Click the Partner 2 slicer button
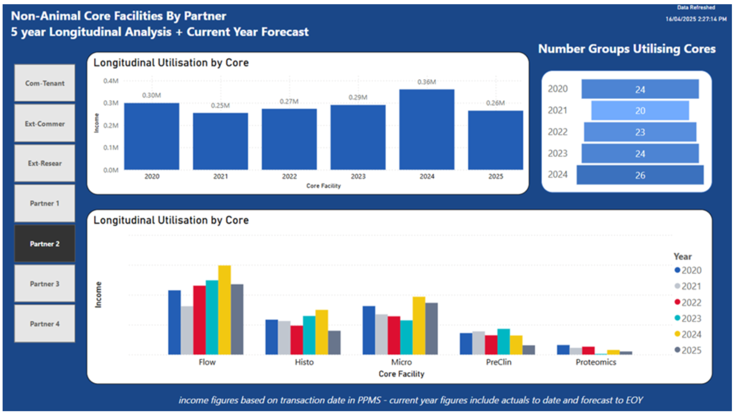click(x=45, y=244)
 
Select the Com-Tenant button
click(x=45, y=83)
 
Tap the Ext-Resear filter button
click(x=45, y=163)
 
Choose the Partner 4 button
click(x=45, y=324)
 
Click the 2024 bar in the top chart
click(x=427, y=130)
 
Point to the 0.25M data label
click(x=220, y=105)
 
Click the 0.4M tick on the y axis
click(x=111, y=81)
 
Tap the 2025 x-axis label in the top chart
click(x=496, y=176)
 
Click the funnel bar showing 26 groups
click(x=640, y=175)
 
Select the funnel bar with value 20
click(x=640, y=111)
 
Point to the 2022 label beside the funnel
click(x=558, y=132)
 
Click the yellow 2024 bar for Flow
click(x=224, y=310)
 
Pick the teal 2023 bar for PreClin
click(x=503, y=342)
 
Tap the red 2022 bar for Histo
click(x=297, y=340)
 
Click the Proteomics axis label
click(x=596, y=362)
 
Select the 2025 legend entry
click(x=688, y=350)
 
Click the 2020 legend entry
click(x=688, y=270)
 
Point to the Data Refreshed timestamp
click(x=696, y=19)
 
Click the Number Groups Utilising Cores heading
click(x=626, y=49)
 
